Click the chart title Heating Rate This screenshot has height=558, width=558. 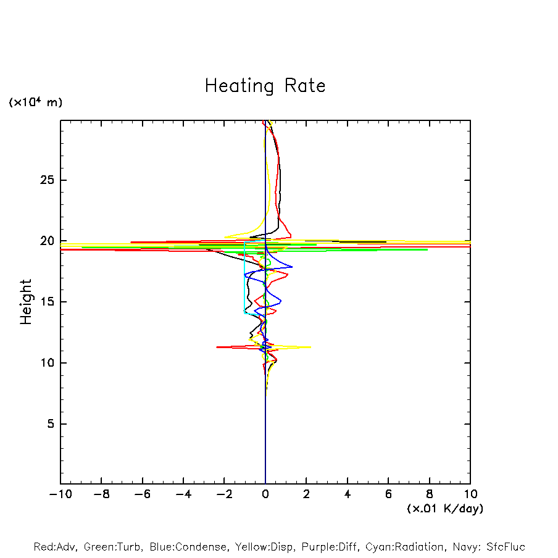tap(265, 86)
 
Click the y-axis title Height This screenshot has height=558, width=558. tap(26, 302)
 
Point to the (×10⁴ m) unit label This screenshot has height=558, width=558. tap(35, 102)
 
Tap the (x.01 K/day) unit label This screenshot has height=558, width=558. tap(445, 509)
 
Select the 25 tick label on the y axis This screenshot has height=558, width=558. tap(48, 180)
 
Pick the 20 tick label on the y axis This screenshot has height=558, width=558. tap(48, 241)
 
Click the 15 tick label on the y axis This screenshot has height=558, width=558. tap(48, 302)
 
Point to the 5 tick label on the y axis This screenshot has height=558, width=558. tap(51, 424)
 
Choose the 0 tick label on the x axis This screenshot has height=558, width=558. tap(265, 494)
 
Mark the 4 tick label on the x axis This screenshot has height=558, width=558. tap(348, 494)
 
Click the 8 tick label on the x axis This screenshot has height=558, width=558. tap(430, 494)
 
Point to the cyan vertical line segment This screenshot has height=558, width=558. tap(245, 278)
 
